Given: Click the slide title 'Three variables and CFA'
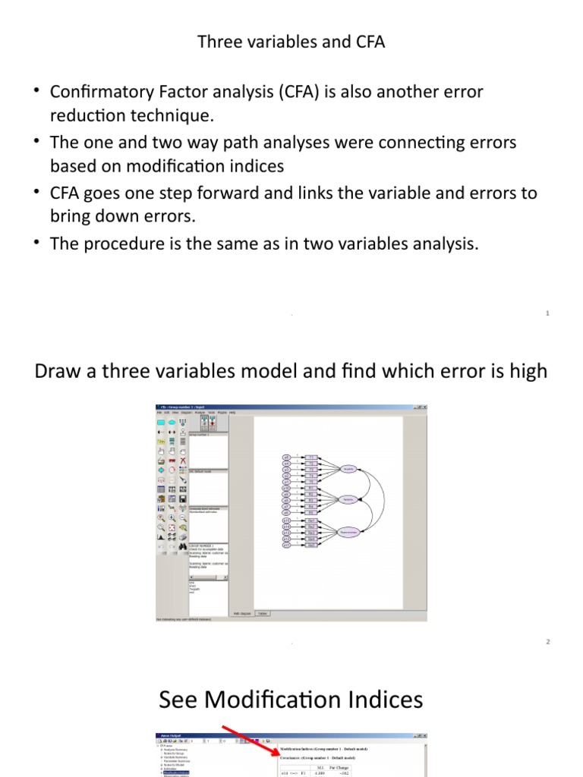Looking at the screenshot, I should [x=291, y=42].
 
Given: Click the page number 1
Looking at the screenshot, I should [x=547, y=313].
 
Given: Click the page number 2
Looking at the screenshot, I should [x=547, y=642].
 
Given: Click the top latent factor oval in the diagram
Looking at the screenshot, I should [x=349, y=469].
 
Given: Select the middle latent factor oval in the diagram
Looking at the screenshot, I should [x=349, y=500].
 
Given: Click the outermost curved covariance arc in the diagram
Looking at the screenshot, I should [x=383, y=500].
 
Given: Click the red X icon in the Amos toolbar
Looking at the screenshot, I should [x=183, y=460].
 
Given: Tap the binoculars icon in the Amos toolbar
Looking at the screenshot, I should [x=183, y=546].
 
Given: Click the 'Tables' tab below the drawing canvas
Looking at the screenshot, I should [x=261, y=613].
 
